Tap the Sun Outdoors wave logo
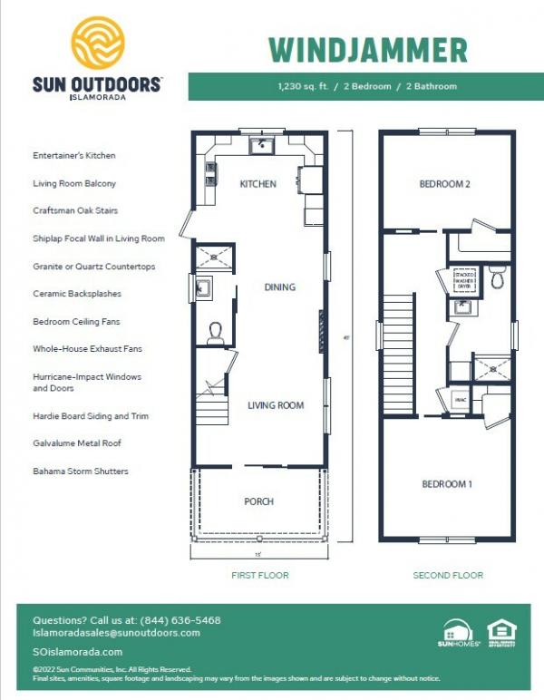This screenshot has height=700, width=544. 97,45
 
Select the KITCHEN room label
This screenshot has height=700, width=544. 257,184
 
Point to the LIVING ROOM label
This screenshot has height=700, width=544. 276,405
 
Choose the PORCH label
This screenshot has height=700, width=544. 258,501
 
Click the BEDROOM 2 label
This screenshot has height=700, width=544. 444,184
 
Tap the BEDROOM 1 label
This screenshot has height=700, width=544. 447,484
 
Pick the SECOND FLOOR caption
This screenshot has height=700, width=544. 448,575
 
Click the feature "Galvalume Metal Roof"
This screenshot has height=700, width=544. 76,443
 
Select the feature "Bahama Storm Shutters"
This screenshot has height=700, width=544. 80,472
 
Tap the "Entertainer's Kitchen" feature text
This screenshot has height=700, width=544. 73,155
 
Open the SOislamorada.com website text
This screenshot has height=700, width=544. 77,652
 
